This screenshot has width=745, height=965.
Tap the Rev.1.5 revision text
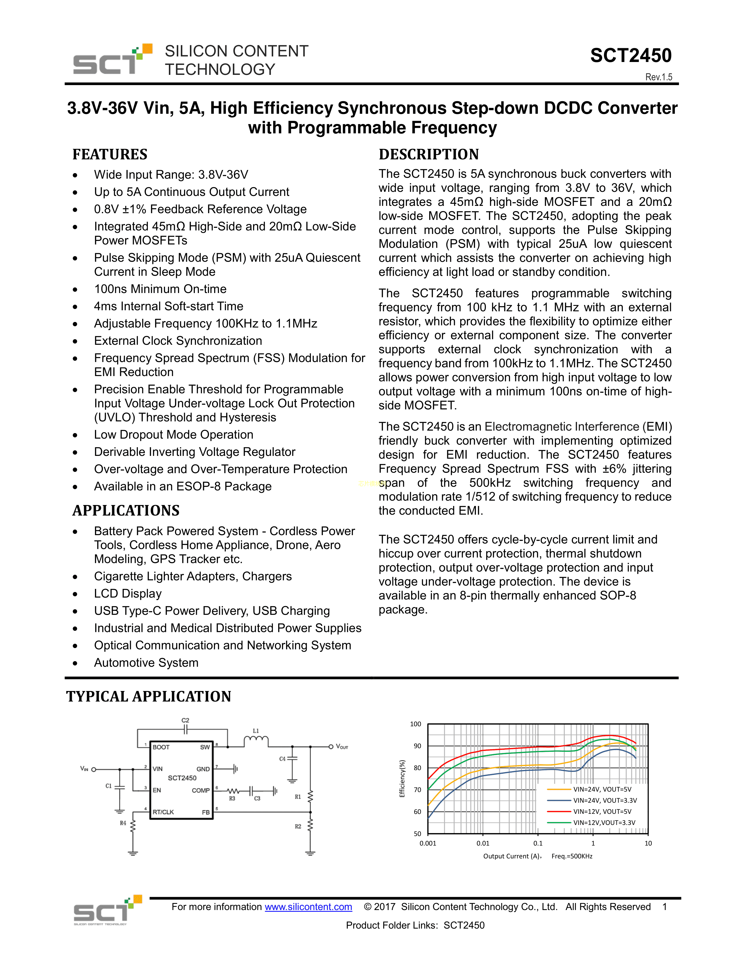point(659,77)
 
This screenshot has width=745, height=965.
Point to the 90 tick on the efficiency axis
point(417,746)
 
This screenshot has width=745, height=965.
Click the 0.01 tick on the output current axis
point(483,843)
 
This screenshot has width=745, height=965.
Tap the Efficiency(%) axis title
point(402,778)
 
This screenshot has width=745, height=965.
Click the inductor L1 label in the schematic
point(256,731)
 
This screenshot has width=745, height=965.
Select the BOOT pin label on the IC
point(161,747)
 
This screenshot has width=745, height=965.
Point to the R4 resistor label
point(123,823)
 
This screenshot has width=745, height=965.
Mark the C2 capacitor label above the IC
point(185,720)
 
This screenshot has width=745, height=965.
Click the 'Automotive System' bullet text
point(146,663)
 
